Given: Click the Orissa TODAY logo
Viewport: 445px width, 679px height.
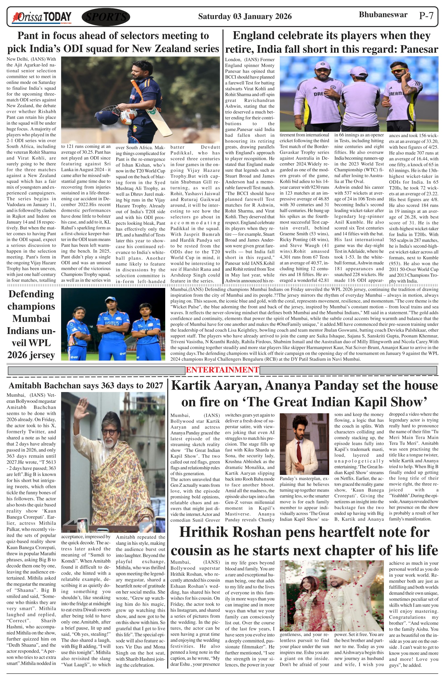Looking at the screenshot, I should [41, 17].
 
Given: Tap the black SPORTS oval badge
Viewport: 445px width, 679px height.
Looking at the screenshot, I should [106, 17].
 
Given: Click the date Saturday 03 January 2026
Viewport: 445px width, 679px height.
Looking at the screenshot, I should [245, 16].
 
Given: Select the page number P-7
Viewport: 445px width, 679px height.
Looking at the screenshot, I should [426, 16].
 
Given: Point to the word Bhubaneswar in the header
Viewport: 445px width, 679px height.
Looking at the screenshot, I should [383, 15].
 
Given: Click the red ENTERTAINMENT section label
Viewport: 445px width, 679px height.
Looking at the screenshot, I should [222, 370].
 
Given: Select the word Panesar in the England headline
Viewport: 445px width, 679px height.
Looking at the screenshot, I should [419, 49].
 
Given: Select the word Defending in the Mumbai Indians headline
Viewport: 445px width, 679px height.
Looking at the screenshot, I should [31, 294].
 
